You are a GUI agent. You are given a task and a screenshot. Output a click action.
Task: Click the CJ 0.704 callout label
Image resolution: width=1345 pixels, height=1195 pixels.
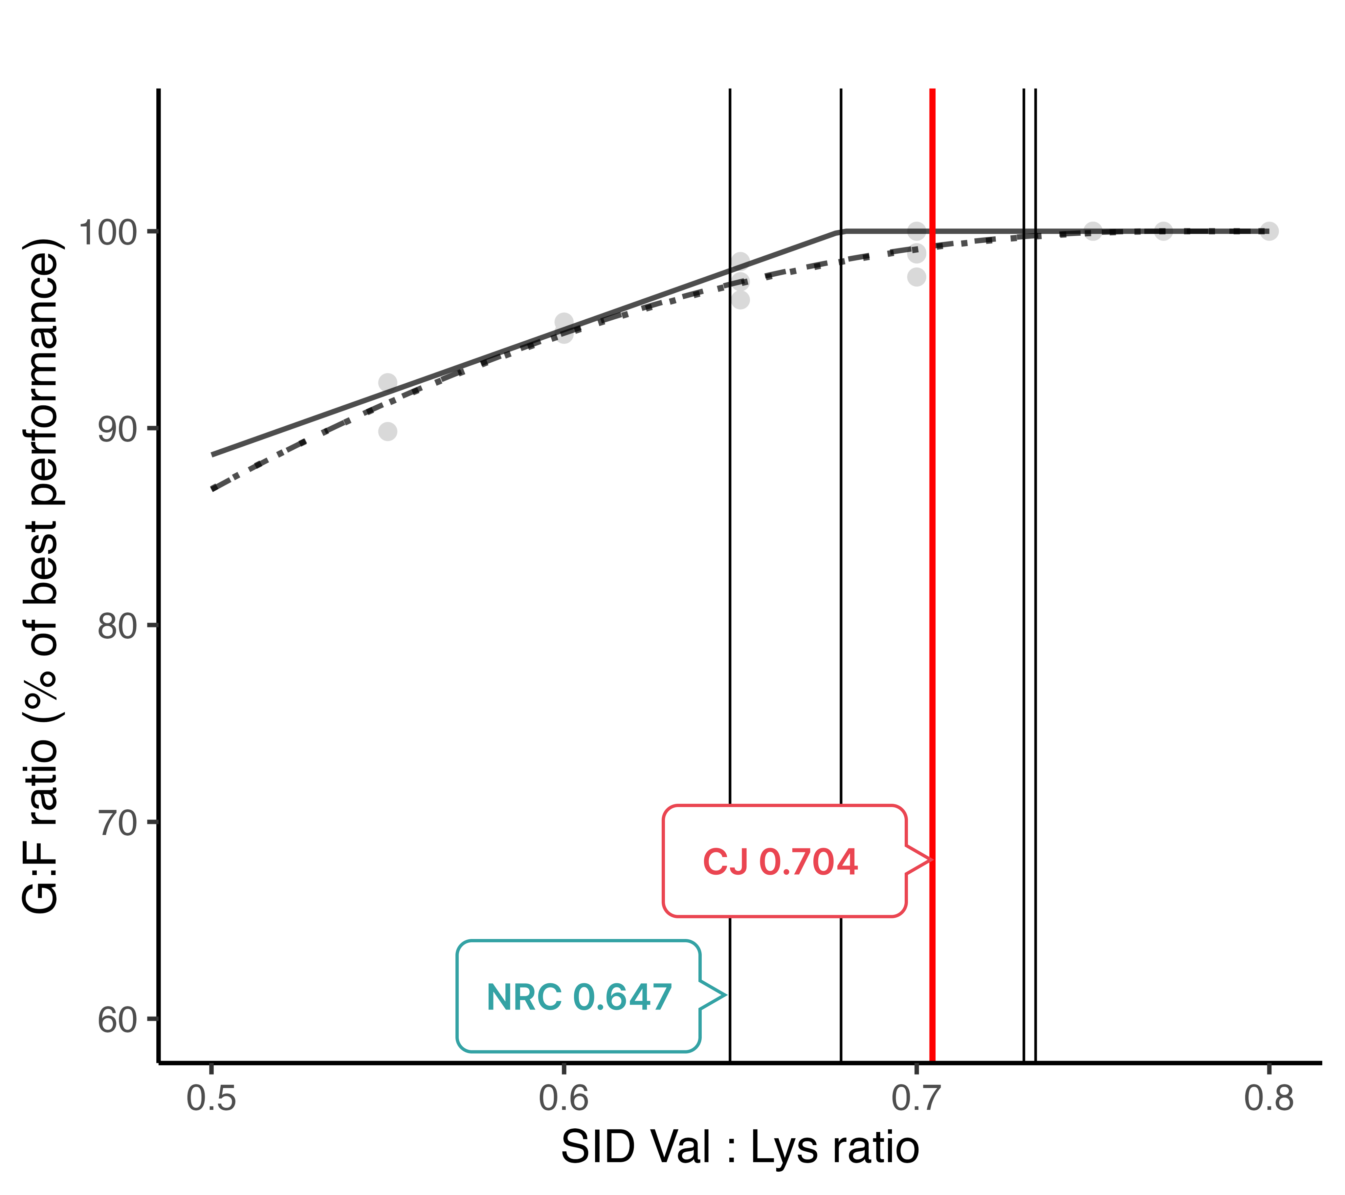(781, 862)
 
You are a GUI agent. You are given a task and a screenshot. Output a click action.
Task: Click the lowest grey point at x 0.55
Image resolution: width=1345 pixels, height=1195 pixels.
(387, 432)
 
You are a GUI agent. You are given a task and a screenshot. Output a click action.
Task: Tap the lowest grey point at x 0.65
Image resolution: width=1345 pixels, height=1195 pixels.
(740, 300)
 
